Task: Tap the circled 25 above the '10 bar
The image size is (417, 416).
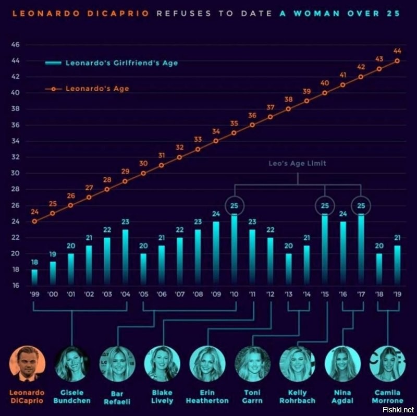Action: click(234, 205)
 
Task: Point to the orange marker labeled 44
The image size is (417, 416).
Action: click(397, 60)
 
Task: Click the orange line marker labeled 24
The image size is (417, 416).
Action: click(34, 221)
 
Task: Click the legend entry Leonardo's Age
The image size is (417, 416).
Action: click(97, 89)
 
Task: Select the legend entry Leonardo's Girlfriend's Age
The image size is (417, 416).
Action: click(121, 63)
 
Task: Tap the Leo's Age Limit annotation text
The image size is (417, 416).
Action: click(297, 163)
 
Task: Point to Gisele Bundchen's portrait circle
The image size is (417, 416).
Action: click(72, 363)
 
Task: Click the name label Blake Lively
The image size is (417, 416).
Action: click(162, 396)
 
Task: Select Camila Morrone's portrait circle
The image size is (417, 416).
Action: click(387, 363)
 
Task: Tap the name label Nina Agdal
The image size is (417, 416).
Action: click(342, 396)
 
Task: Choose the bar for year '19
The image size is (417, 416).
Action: click(397, 265)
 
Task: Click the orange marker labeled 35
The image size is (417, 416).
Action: click(234, 132)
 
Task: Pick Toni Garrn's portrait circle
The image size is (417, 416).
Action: click(253, 363)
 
